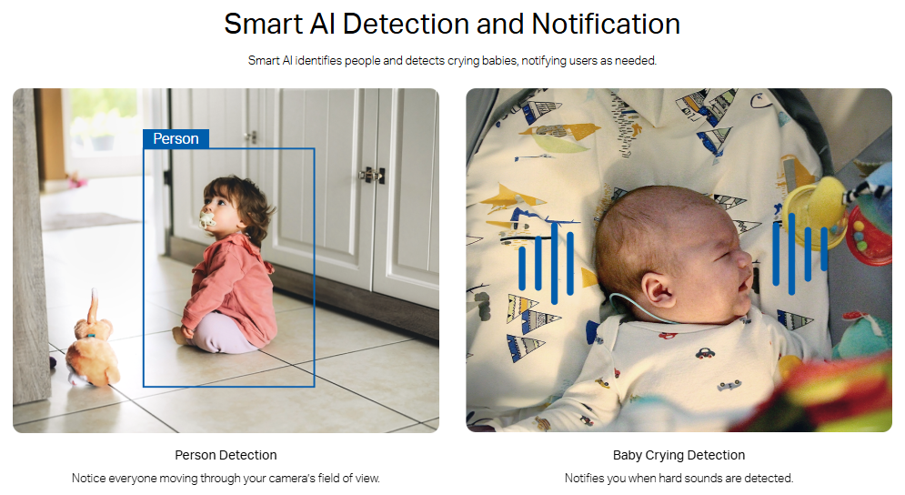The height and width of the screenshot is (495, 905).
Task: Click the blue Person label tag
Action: point(176,138)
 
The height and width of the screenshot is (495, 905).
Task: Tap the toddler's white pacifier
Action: point(207,220)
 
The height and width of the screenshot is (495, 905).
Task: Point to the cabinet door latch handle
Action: point(372,175)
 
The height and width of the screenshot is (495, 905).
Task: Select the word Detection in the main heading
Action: point(406,25)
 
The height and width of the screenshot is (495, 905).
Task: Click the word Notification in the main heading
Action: point(606,25)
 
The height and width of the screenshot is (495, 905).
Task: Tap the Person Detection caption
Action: point(226,455)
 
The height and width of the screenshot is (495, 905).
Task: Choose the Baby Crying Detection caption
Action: point(679,455)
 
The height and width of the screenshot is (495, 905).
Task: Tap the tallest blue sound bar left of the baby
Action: point(554,263)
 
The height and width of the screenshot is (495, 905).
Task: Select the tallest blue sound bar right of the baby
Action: point(791,254)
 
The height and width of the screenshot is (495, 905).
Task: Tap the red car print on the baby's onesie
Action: point(704,352)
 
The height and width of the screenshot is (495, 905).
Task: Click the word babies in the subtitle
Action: point(499,61)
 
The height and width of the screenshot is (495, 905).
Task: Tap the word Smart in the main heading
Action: point(264,25)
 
